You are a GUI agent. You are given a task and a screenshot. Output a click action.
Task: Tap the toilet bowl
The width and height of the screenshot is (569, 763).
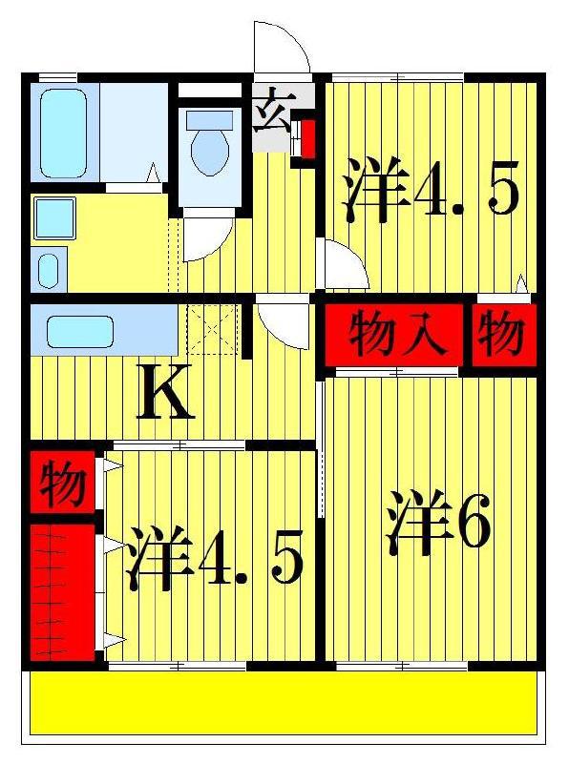click(x=210, y=151)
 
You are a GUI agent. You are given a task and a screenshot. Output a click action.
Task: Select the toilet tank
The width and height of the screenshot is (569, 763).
click(x=209, y=119)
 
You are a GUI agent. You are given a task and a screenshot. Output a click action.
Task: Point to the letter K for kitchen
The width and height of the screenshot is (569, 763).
click(x=165, y=392)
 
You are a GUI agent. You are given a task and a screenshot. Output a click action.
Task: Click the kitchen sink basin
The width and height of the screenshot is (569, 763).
click(x=80, y=331)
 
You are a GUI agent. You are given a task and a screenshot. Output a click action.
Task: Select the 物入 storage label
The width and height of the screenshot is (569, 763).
click(x=397, y=334)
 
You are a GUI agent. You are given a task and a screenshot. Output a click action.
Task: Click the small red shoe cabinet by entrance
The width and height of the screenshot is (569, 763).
click(x=307, y=138)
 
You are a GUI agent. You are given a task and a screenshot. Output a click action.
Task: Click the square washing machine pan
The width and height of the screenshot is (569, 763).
click(x=55, y=218)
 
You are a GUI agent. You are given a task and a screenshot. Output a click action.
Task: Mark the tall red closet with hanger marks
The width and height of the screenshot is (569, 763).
click(x=62, y=592)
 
